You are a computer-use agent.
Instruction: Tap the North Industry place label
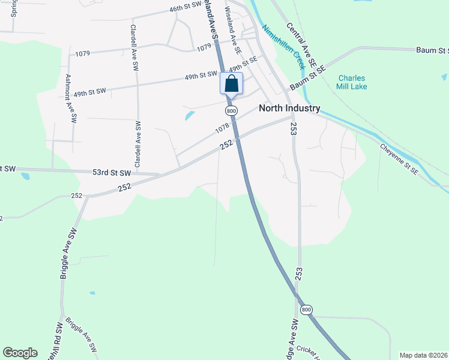pos(289,109)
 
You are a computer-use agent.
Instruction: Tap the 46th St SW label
pos(185,10)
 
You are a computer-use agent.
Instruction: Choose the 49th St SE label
pos(243,62)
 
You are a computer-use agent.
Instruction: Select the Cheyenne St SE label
pos(399,158)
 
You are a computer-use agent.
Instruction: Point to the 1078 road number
pos(221,128)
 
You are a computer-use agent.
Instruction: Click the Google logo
pos(20,353)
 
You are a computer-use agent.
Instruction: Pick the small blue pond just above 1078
pos(189,115)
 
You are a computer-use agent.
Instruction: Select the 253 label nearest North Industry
pos(294,128)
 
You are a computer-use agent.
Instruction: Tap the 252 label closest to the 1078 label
pos(226,145)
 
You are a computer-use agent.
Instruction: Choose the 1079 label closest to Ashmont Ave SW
pos(83,53)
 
